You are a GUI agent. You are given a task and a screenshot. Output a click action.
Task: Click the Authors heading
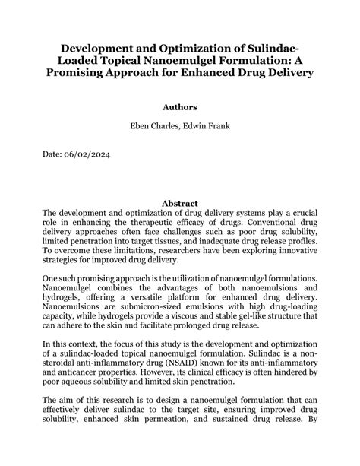[x=180, y=108]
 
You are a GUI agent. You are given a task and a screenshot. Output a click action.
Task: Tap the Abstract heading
[x=180, y=203]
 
